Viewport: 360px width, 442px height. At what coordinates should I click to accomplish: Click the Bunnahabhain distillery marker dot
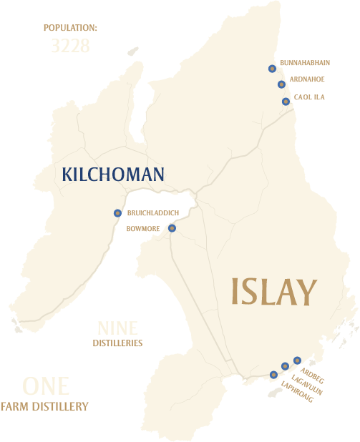click(x=272, y=69)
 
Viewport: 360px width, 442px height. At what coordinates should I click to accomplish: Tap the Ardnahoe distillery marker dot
click(x=281, y=84)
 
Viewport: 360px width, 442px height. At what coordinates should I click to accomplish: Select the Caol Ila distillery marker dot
click(x=286, y=102)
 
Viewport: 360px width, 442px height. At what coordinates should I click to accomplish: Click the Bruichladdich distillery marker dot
click(x=117, y=213)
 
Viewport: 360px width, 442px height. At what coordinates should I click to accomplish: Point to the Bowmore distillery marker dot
click(x=172, y=228)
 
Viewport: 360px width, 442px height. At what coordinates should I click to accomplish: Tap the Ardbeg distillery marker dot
click(x=297, y=360)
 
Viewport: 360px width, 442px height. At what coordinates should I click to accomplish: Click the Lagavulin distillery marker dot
click(x=285, y=366)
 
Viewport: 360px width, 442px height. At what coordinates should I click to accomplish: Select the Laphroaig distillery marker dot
click(x=273, y=374)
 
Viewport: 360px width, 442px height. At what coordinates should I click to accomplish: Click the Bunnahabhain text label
click(x=305, y=63)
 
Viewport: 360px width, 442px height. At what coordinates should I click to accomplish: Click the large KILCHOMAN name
click(x=113, y=174)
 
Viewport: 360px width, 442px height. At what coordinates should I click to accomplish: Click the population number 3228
click(x=70, y=46)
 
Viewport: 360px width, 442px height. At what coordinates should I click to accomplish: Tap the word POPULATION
click(x=70, y=28)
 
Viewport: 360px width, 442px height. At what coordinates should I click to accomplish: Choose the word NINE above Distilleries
click(x=117, y=328)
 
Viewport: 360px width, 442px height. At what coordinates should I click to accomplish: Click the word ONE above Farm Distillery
click(x=46, y=386)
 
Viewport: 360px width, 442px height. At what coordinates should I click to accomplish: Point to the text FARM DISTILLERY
click(x=44, y=406)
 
